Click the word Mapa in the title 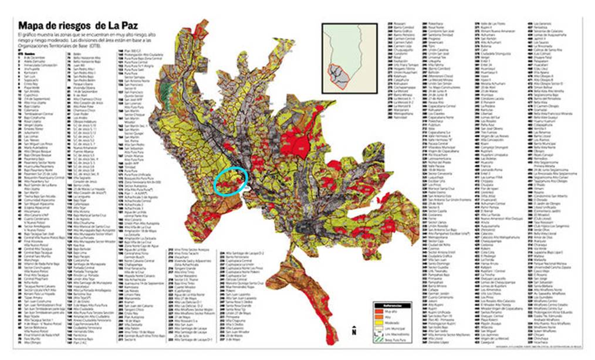tap(34, 26)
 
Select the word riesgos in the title tap(73, 26)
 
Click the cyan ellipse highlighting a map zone tap(231, 180)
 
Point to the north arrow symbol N tap(354, 332)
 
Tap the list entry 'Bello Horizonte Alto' tap(88, 60)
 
